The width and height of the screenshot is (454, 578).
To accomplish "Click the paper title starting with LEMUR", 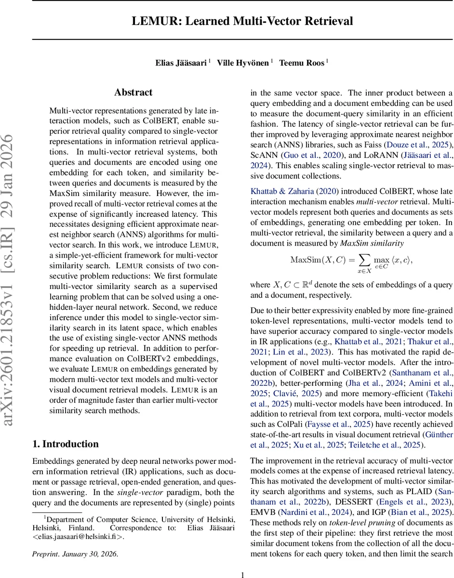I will pyautogui.click(x=243, y=21).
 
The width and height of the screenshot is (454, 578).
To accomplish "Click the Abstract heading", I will pyautogui.click(x=134, y=92).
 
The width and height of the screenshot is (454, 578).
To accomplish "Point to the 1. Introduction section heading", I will pyautogui.click(x=65, y=444).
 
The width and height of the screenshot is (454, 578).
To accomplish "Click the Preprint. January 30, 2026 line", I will pyautogui.click(x=75, y=554).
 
